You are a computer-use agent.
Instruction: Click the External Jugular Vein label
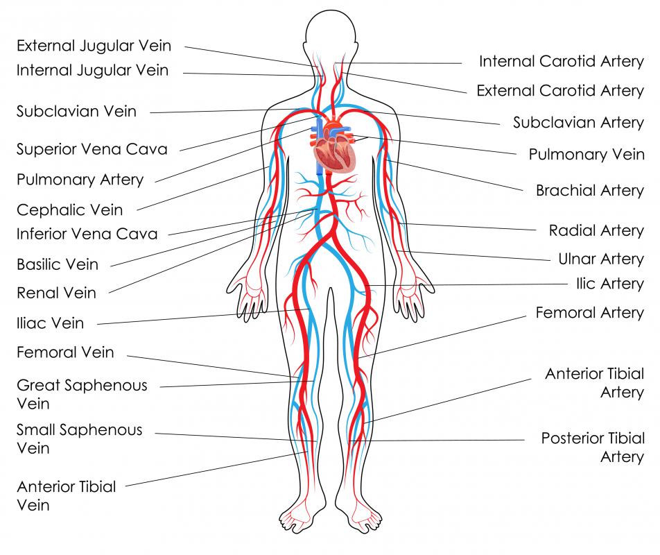click(x=94, y=46)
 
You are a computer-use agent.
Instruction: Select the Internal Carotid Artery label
click(x=562, y=62)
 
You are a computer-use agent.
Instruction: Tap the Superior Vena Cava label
click(x=92, y=149)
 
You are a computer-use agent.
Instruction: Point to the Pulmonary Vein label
click(x=587, y=155)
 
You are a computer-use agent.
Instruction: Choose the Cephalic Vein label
click(x=69, y=210)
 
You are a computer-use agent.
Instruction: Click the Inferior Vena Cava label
click(x=87, y=234)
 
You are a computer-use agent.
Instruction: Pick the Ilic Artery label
click(x=610, y=284)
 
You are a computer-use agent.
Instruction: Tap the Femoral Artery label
click(x=590, y=313)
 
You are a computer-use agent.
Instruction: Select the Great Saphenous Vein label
click(x=82, y=394)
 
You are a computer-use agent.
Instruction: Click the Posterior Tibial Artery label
click(x=593, y=447)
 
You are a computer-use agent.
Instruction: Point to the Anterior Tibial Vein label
click(x=66, y=495)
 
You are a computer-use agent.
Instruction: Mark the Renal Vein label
click(x=56, y=293)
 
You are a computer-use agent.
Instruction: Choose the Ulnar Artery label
click(x=601, y=259)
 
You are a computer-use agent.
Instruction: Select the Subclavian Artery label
click(x=578, y=123)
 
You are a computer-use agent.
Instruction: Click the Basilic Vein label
click(x=58, y=264)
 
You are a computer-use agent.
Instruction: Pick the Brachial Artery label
click(x=590, y=190)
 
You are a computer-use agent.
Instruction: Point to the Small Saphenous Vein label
click(x=80, y=438)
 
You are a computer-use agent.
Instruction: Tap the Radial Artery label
click(x=596, y=231)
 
